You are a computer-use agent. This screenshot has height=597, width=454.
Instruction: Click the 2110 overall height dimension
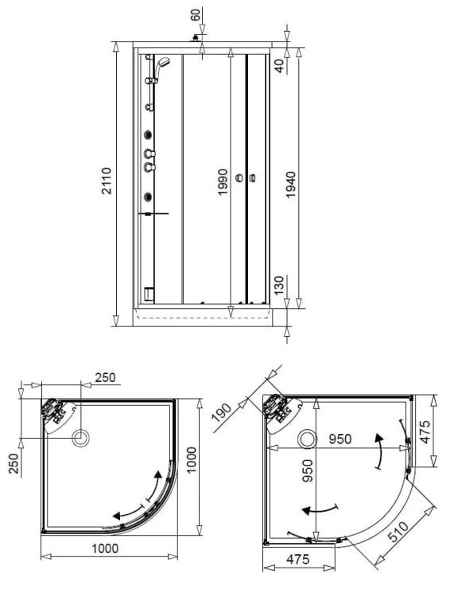point(106,181)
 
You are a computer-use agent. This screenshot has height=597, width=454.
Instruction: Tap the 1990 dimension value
point(223,182)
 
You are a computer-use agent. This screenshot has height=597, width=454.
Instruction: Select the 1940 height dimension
point(291,185)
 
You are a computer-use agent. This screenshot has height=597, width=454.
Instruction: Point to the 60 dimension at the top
point(196,15)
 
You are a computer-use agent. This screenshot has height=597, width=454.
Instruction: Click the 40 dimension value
point(279,66)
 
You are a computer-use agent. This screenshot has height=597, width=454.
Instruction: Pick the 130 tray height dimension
point(279,286)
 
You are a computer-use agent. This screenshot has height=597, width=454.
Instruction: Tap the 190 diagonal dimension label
point(222,412)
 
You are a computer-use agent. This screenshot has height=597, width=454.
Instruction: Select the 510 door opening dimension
point(398,532)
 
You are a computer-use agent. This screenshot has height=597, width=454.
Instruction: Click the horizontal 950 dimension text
point(340,439)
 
